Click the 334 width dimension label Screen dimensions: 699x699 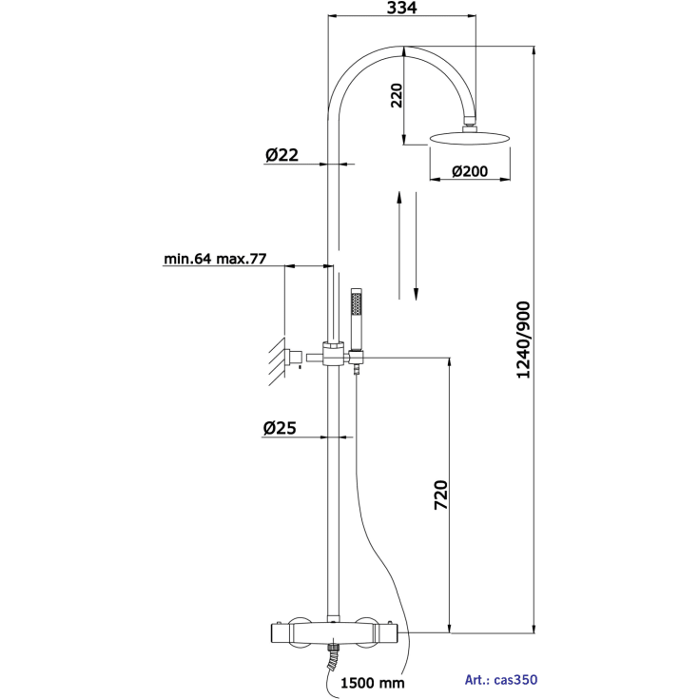click(x=401, y=8)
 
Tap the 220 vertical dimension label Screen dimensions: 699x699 click(x=397, y=95)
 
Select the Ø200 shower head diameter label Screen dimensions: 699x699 click(x=470, y=171)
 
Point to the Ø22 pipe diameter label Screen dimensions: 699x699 click(x=282, y=155)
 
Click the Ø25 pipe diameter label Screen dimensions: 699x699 click(x=280, y=428)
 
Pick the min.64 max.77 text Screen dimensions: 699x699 click(x=215, y=259)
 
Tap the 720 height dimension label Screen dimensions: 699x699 click(x=441, y=495)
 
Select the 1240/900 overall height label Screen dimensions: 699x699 click(x=523, y=340)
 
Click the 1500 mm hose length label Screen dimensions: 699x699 click(x=373, y=683)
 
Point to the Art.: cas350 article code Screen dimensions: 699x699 click(x=501, y=680)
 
